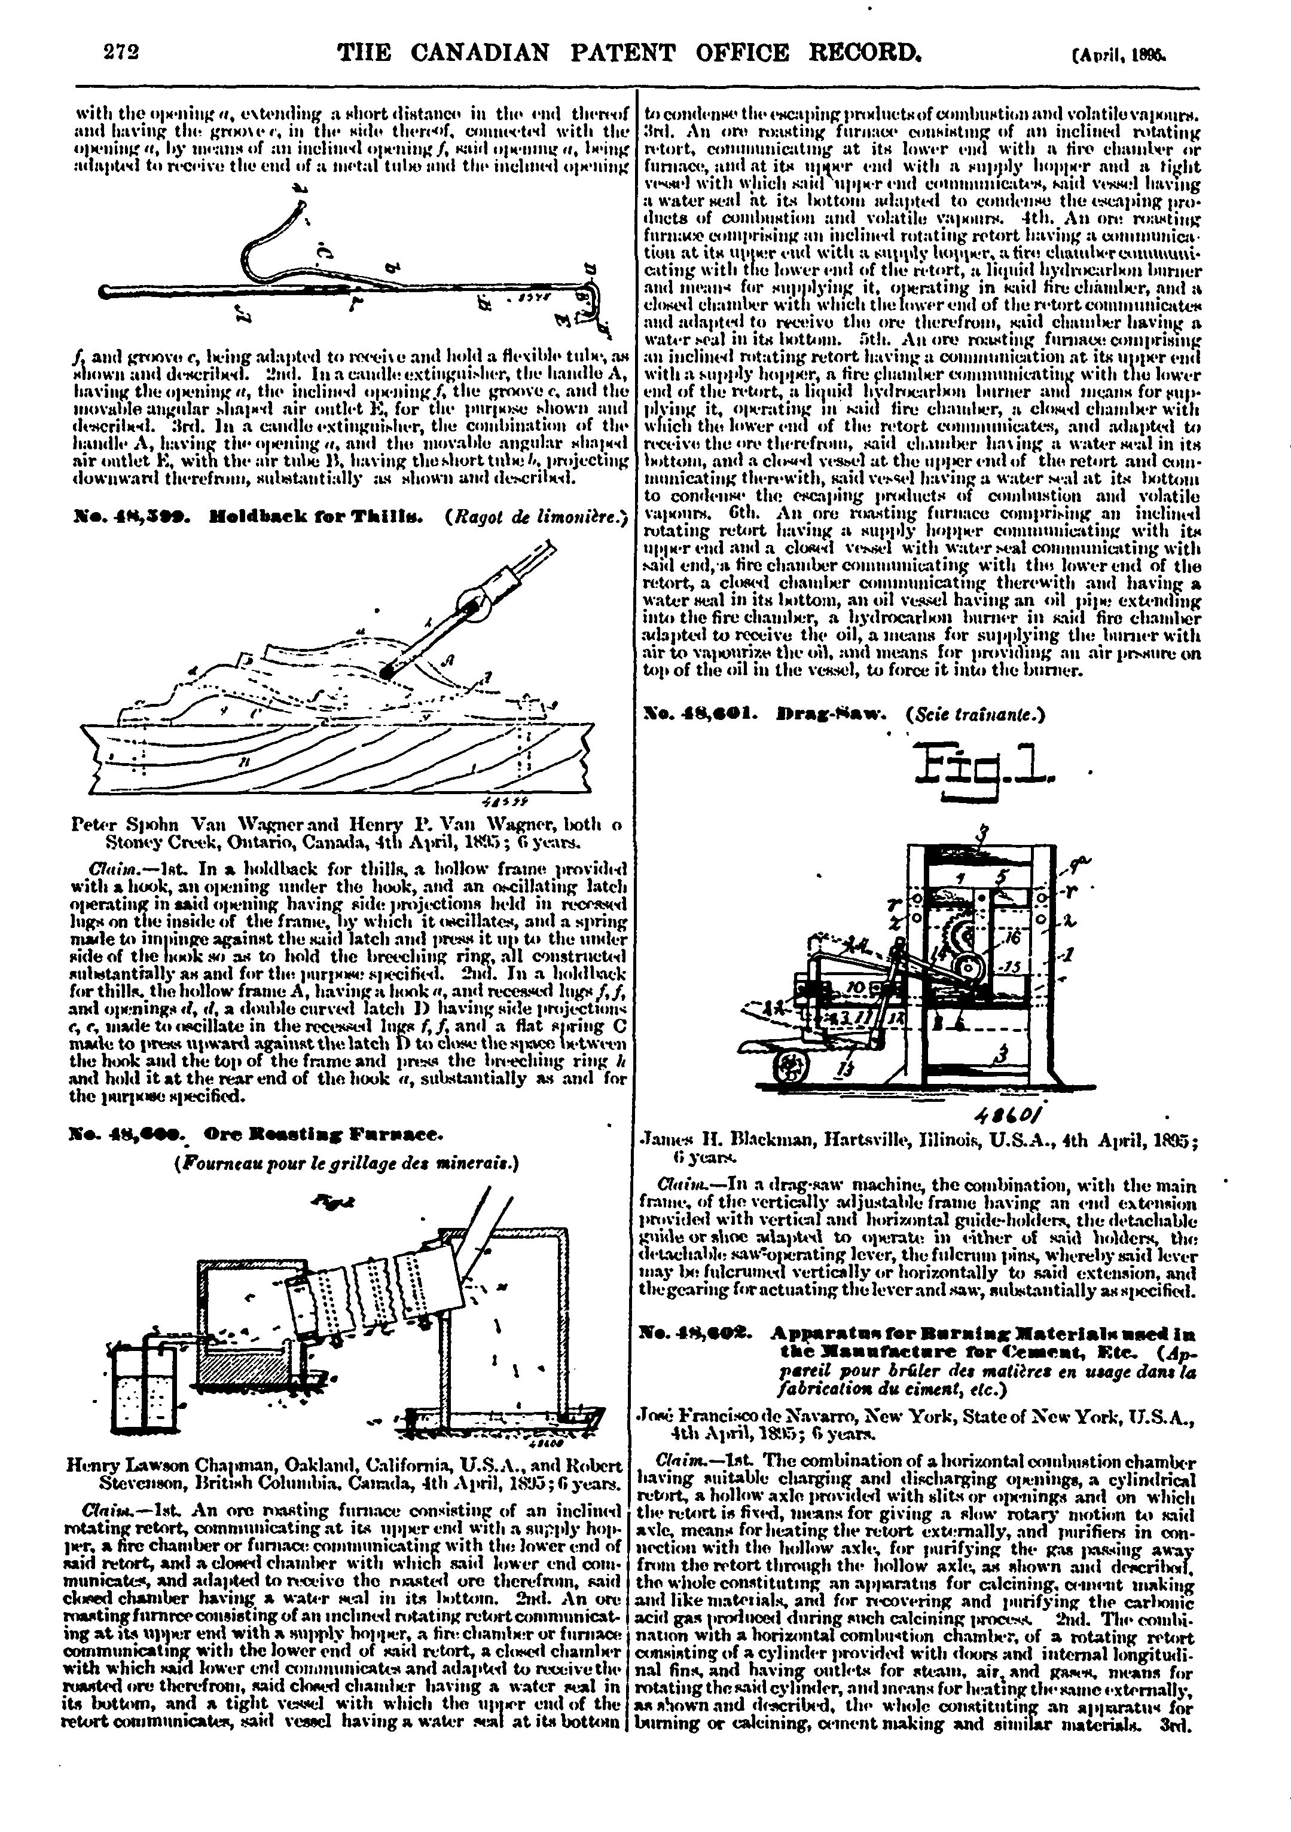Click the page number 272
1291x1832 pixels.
click(x=122, y=53)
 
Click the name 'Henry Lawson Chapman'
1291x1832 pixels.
click(x=159, y=1466)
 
